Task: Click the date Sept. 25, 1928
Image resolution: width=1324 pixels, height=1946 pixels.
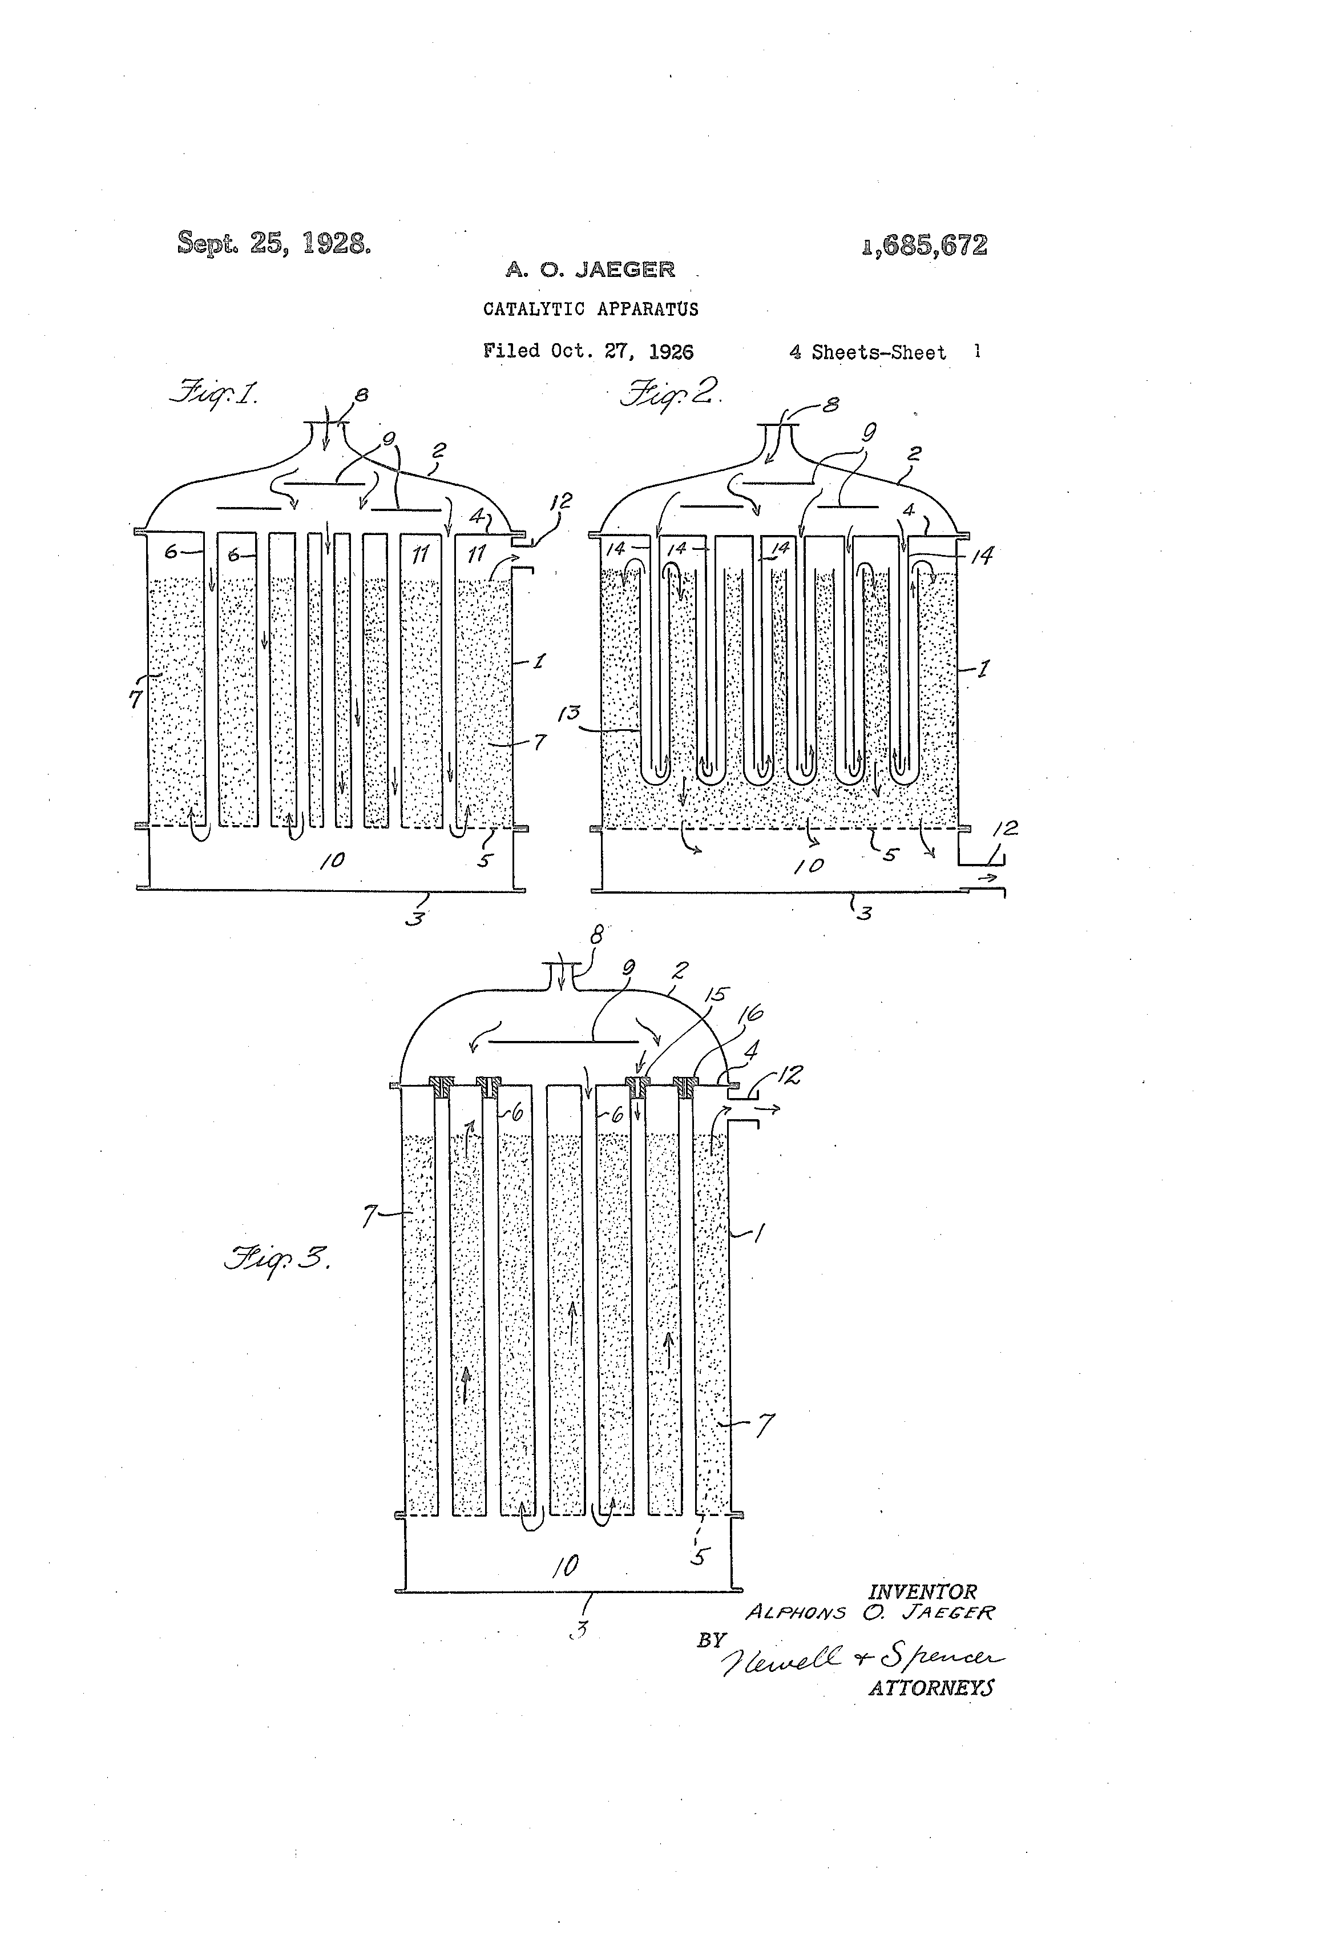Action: click(x=274, y=243)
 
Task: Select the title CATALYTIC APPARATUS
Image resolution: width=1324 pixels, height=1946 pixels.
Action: click(x=590, y=309)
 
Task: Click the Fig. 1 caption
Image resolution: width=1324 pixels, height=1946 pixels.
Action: click(x=214, y=392)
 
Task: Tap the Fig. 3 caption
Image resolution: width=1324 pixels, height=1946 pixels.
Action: click(x=276, y=1258)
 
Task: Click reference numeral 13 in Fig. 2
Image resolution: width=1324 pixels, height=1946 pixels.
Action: click(x=572, y=713)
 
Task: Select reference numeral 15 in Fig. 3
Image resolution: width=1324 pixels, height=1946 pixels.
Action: click(x=716, y=995)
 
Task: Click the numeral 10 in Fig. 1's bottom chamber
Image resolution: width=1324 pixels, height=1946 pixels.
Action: click(x=332, y=860)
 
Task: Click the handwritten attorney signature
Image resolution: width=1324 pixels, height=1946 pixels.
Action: click(x=862, y=1657)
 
